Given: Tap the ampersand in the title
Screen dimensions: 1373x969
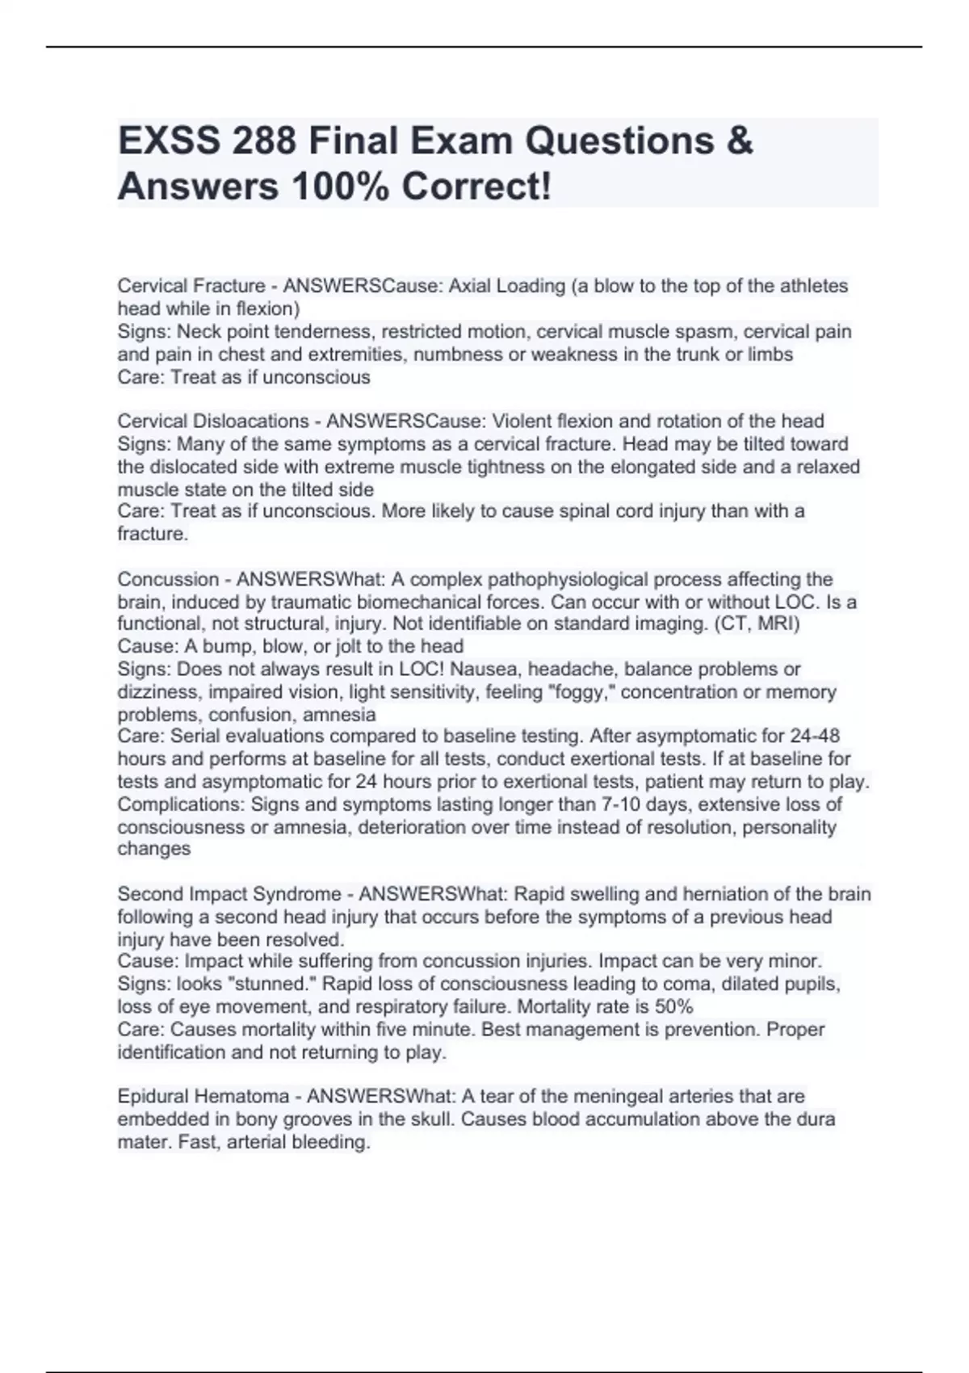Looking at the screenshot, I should [739, 141].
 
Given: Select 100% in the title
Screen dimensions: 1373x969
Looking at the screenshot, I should [341, 187].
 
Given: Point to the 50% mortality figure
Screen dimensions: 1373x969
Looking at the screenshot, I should [673, 1006].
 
